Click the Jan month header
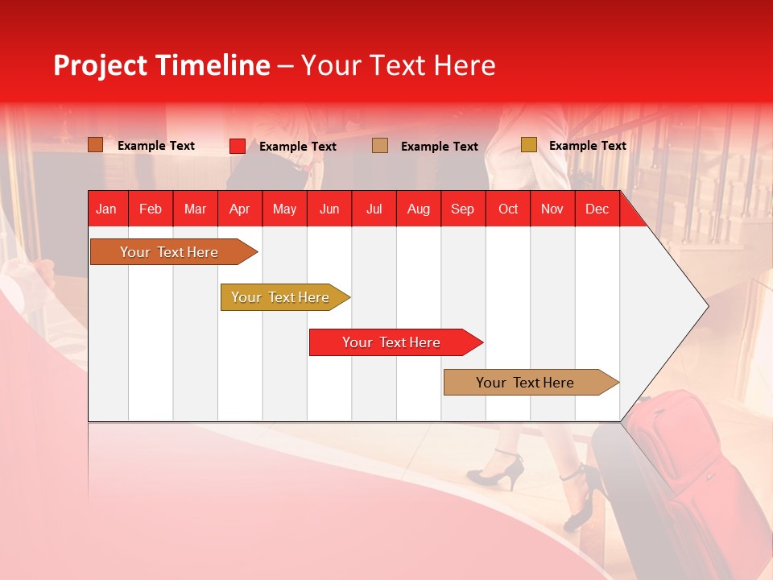click(107, 209)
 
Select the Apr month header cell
click(240, 209)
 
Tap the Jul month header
click(374, 209)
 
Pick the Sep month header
click(463, 209)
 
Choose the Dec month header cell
click(597, 209)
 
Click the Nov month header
click(552, 209)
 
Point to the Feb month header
click(151, 209)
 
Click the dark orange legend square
click(96, 145)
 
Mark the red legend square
click(238, 146)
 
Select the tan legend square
click(380, 145)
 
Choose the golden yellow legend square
click(528, 145)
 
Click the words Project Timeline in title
click(161, 65)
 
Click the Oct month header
click(508, 209)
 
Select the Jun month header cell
click(329, 209)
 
